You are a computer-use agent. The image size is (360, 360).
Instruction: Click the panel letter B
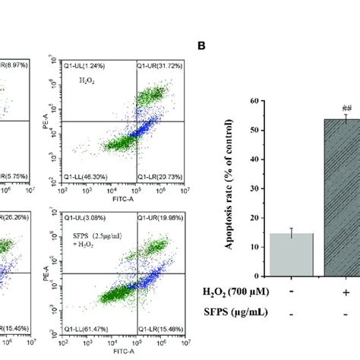[x=201, y=46]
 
